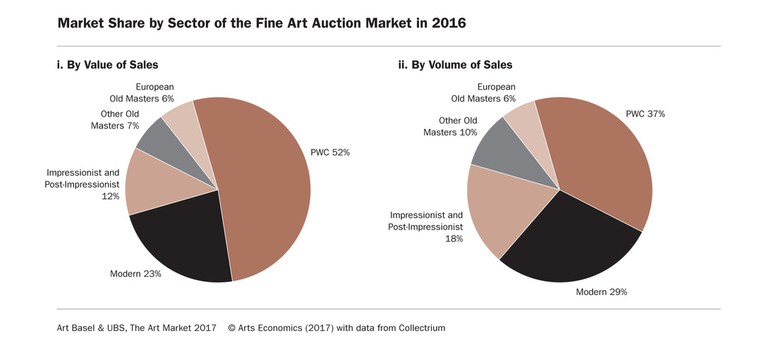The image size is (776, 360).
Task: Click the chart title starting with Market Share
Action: (261, 23)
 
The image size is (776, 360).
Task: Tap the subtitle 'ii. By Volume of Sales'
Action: (456, 65)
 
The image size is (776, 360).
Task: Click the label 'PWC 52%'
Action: (330, 152)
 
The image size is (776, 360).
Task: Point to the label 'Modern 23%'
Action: (135, 274)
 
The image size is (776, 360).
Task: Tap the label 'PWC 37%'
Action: (645, 114)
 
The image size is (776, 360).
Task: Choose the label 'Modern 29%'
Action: (601, 292)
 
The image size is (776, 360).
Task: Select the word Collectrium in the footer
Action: (422, 328)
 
